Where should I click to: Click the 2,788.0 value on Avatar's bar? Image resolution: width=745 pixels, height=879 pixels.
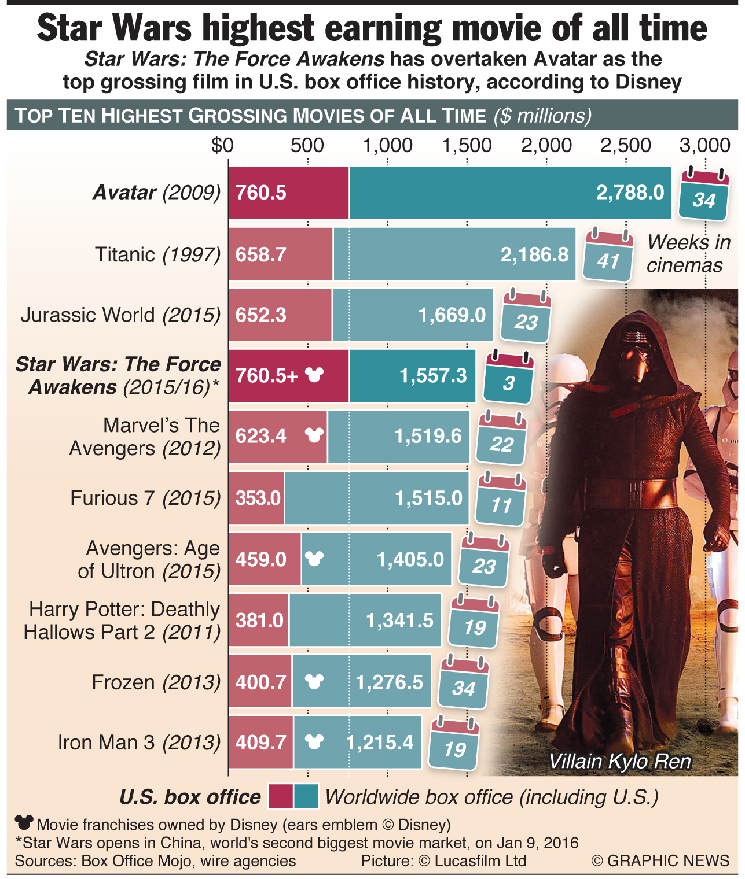630,193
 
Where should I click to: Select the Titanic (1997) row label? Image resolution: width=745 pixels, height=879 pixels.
157,254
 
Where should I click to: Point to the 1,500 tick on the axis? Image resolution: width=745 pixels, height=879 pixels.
467,145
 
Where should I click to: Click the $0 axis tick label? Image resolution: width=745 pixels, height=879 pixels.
222,145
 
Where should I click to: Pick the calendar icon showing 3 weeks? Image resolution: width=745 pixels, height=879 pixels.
509,377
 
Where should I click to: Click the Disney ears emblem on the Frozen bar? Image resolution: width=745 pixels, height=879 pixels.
314,682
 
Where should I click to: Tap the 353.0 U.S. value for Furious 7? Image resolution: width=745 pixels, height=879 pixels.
258,498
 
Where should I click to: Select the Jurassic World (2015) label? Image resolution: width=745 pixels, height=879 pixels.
120,315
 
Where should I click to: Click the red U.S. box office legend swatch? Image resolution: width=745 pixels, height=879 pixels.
281,796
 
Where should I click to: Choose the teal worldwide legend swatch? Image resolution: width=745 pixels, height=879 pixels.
306,796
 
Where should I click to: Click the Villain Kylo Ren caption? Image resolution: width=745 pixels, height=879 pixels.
619,761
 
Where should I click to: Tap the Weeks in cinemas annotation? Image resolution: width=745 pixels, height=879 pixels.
688,253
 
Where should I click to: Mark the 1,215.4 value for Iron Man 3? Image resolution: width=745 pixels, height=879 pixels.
380,743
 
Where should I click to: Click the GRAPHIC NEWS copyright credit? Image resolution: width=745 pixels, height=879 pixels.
660,860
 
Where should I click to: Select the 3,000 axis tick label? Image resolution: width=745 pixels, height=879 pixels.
704,145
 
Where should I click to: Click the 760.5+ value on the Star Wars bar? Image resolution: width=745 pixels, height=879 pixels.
267,376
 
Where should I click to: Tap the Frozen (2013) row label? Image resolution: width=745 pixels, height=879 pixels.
156,682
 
